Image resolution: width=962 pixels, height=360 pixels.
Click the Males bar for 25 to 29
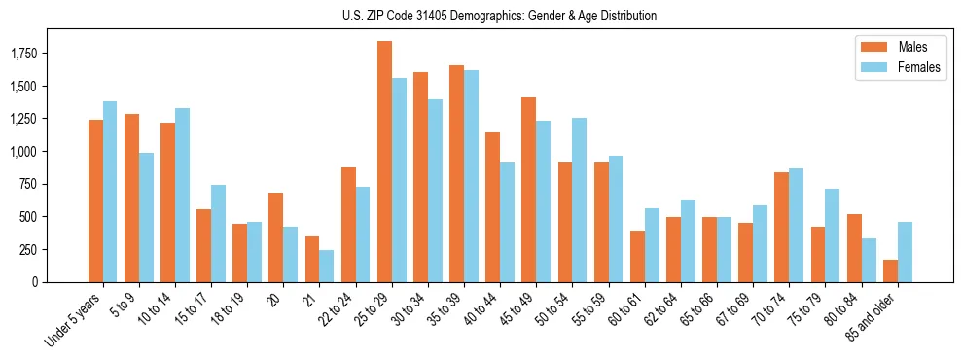pyautogui.click(x=384, y=162)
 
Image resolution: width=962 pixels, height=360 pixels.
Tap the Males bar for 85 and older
pyautogui.click(x=890, y=270)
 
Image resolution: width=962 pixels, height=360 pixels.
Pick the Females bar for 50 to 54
pyautogui.click(x=580, y=199)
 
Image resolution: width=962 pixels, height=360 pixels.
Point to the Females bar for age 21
pyautogui.click(x=327, y=266)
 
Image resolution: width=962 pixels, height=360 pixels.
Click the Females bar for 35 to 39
pyautogui.click(x=472, y=176)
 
